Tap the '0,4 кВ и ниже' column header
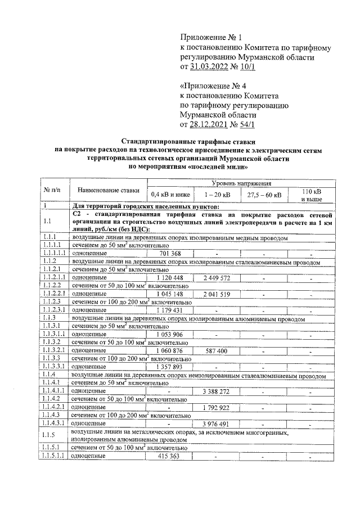169,195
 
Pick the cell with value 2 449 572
216,277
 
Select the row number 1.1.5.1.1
53,456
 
